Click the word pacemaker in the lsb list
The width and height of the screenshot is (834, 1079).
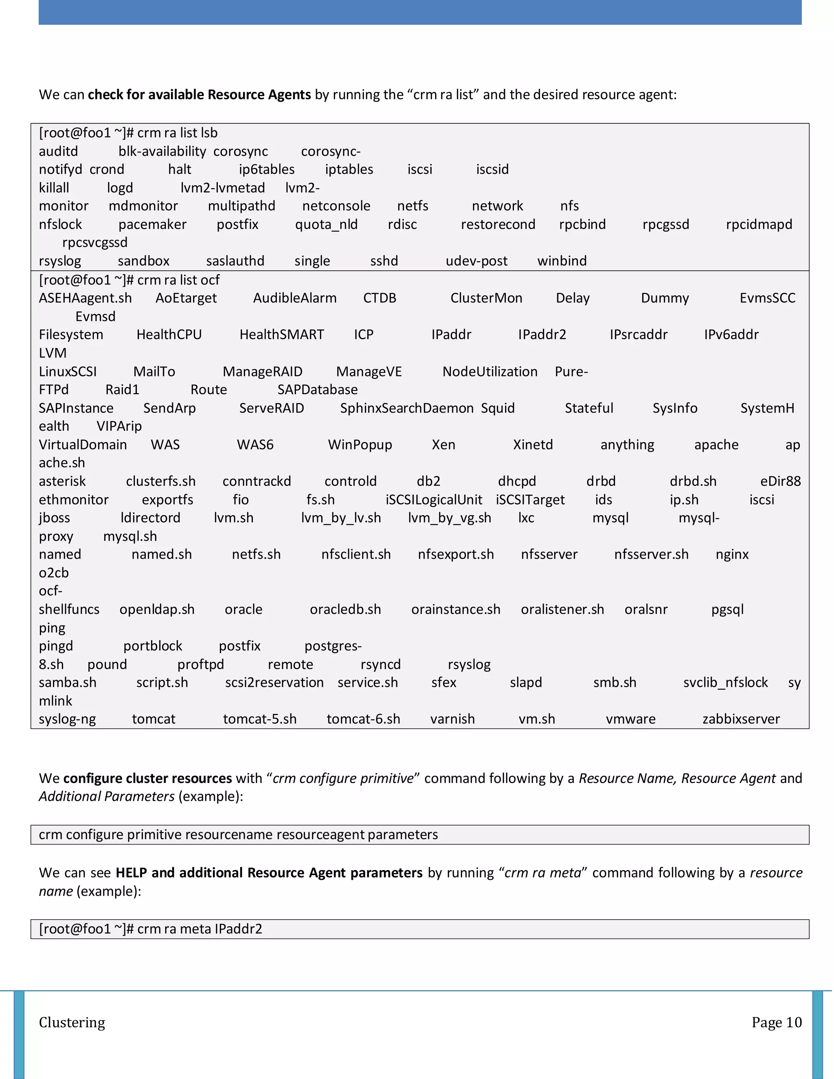[x=152, y=224]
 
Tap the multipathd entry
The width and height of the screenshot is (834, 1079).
[x=241, y=206]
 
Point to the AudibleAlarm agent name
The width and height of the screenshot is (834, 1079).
[x=294, y=298]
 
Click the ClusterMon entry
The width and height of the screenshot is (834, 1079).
[x=486, y=298]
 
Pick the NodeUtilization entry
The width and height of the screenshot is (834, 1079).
[x=489, y=371]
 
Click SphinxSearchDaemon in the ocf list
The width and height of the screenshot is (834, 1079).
[x=407, y=408]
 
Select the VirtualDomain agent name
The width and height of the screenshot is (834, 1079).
[x=83, y=445]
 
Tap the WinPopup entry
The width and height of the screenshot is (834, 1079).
[x=360, y=445]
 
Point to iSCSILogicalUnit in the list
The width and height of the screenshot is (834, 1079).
[x=433, y=500]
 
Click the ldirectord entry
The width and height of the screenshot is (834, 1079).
[x=150, y=518]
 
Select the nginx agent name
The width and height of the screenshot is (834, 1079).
[x=732, y=554]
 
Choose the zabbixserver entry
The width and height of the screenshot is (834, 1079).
[x=741, y=719]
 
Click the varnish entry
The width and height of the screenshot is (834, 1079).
[x=452, y=719]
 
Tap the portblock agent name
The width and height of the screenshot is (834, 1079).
[x=152, y=646]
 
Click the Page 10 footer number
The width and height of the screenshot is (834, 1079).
[x=776, y=1022]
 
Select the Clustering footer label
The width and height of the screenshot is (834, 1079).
[x=72, y=1022]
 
